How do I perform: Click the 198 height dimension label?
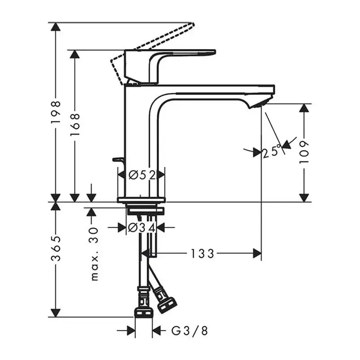point(56,112)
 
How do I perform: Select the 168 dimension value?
point(75,124)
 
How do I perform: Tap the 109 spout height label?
point(304,152)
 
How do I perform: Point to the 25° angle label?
point(271,152)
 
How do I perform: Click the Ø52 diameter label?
point(142,175)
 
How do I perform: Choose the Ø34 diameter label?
point(142,228)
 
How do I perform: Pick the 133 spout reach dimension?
point(202,254)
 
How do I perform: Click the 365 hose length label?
point(56,248)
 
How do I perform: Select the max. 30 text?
point(94,254)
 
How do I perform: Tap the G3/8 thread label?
point(189,331)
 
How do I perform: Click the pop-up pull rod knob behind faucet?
point(117,159)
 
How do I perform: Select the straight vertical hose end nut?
point(144,313)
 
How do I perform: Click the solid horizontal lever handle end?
point(213,52)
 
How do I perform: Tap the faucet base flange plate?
point(141,200)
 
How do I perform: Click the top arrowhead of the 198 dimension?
point(56,27)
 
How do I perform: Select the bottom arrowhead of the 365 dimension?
point(56,313)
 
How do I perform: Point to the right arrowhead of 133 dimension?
point(257,253)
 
